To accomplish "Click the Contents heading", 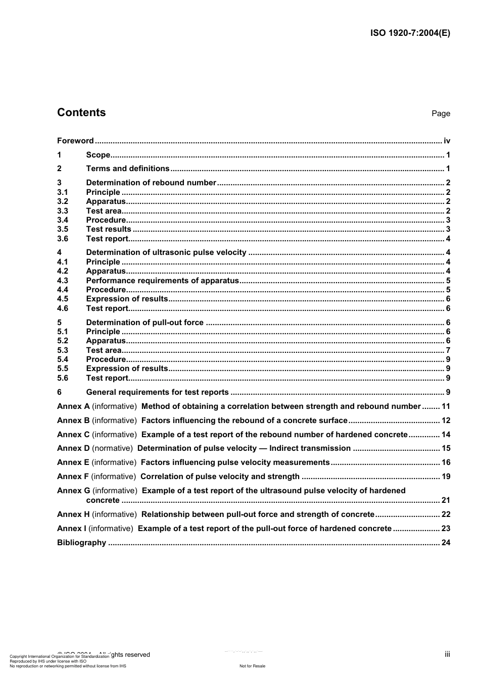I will click(x=81, y=113).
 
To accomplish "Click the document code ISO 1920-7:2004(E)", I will click(x=410, y=33).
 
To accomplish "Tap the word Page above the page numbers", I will click(x=441, y=114).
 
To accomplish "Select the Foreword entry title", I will click(x=75, y=141).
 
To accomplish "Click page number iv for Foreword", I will click(x=447, y=141).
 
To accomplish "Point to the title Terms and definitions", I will click(x=128, y=169).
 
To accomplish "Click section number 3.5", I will click(x=63, y=229).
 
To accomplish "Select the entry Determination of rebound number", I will click(x=151, y=183).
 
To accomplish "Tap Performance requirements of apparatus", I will click(x=162, y=281).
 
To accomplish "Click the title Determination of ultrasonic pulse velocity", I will click(x=166, y=252).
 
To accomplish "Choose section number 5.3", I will click(x=63, y=350).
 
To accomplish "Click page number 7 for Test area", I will click(x=448, y=350).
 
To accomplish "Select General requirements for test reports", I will click(x=158, y=392).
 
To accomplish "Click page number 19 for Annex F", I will click(x=446, y=477).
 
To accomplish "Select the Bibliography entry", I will click(x=82, y=543).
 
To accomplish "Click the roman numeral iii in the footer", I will click(x=447, y=654).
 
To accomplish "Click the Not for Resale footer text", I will click(x=252, y=666).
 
